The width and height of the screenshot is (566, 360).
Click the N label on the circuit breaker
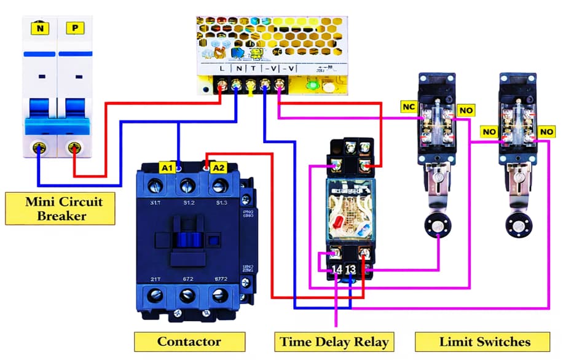point(40,28)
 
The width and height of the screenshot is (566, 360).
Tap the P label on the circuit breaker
point(75,28)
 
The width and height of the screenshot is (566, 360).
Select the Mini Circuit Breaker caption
point(60,208)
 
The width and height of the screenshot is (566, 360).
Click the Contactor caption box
point(189,342)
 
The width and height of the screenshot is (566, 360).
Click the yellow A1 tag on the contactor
point(168,167)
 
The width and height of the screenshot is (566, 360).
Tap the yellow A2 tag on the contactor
point(219,167)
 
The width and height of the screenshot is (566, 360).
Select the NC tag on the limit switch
point(409,107)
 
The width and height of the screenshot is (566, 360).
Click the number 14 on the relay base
point(336,270)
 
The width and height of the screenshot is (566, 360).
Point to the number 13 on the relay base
point(350,270)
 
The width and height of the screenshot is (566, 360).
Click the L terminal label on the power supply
point(222,69)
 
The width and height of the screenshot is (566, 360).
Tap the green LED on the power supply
point(312,85)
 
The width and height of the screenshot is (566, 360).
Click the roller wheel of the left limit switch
point(437,225)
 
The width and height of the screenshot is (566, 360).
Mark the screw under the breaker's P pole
point(75,147)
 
